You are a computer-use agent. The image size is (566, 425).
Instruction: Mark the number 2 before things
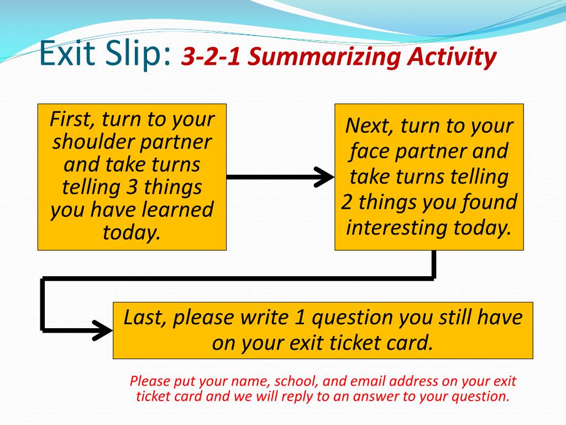pyautogui.click(x=347, y=202)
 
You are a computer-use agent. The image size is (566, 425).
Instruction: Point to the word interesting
pyautogui.click(x=397, y=227)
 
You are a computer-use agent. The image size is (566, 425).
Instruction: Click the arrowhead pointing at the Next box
pyautogui.click(x=324, y=177)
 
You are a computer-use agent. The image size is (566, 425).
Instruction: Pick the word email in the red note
pyautogui.click(x=369, y=381)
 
